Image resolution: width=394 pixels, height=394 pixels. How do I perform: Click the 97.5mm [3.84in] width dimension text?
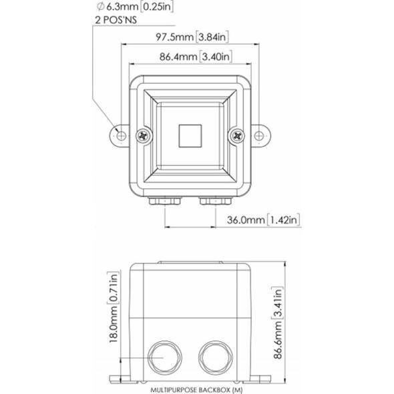point(192,37)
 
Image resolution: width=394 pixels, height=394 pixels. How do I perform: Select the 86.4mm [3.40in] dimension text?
point(196,57)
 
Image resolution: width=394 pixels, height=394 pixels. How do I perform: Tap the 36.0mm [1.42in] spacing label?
point(264,220)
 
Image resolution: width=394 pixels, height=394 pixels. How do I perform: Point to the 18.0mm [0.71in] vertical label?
point(114,307)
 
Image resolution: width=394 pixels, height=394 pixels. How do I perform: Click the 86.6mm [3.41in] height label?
point(278,323)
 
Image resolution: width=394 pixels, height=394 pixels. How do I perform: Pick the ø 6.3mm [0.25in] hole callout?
point(135,7)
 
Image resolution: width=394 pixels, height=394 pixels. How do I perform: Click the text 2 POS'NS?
point(116,20)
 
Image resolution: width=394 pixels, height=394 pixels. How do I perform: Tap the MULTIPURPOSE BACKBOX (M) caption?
point(196,390)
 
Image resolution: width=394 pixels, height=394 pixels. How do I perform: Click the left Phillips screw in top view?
point(143,136)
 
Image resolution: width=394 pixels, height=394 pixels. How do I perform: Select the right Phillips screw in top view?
point(237,136)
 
